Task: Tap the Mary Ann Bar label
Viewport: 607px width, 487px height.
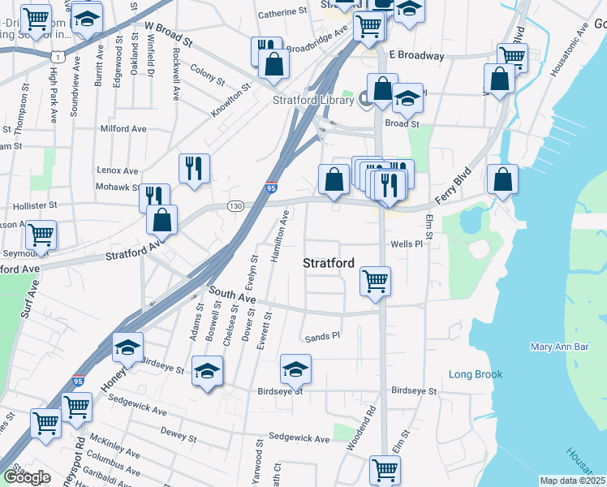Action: tap(559, 347)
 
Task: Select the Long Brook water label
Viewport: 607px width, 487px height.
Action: tap(476, 374)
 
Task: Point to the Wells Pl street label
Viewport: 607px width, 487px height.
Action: tap(407, 243)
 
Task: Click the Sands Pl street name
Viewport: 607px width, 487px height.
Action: tap(321, 338)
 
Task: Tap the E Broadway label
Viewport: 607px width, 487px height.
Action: tap(417, 56)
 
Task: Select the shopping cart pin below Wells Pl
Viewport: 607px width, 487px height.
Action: tap(375, 282)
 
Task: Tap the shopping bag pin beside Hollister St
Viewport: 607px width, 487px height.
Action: tap(163, 218)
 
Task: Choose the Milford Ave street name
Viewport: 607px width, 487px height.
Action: tap(123, 128)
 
